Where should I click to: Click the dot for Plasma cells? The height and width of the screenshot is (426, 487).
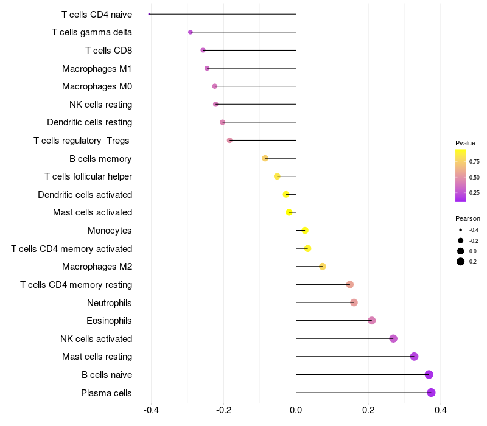[431, 393]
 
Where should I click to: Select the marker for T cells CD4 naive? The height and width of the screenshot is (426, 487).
[150, 14]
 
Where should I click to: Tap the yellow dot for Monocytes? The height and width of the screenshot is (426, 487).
[305, 230]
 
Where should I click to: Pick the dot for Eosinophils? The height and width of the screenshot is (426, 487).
[372, 320]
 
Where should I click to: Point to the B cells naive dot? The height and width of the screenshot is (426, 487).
[429, 374]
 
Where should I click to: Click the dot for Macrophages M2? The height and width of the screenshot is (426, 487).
[323, 266]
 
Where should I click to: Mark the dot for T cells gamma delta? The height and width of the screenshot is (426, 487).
[191, 32]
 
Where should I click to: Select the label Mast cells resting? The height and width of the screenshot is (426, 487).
[97, 357]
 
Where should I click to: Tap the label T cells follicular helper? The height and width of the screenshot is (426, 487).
[88, 176]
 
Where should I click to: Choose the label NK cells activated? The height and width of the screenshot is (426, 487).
[96, 338]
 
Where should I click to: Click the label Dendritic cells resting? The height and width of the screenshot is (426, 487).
[89, 122]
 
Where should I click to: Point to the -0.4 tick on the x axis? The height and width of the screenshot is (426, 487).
[151, 411]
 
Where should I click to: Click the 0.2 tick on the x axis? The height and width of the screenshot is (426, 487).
[368, 411]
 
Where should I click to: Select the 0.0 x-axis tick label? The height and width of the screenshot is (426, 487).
[296, 411]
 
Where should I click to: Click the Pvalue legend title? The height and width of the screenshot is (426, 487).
[465, 143]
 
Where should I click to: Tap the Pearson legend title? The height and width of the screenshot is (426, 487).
[468, 218]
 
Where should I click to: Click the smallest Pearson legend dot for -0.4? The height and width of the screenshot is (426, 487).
[461, 230]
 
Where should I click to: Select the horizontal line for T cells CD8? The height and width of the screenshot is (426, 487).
[250, 50]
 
